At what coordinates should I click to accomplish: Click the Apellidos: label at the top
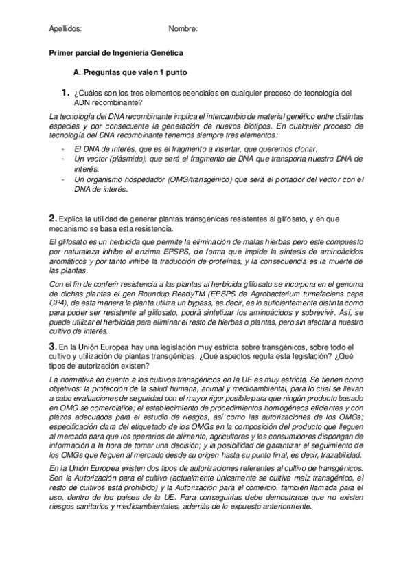(x=66, y=29)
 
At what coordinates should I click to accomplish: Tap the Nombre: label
(x=183, y=29)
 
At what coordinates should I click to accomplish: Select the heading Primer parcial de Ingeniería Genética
(x=117, y=52)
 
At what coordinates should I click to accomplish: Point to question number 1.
(x=65, y=92)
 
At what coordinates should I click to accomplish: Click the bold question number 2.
(x=52, y=218)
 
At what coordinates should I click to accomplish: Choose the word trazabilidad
(x=330, y=454)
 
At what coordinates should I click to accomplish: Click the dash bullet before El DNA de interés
(x=63, y=148)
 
